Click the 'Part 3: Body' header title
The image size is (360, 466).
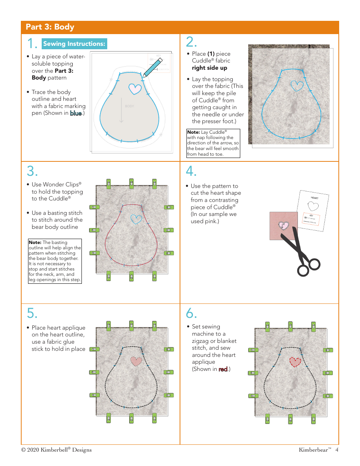(50, 27)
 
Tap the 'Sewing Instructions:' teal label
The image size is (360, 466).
(74, 44)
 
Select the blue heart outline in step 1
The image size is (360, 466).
(135, 89)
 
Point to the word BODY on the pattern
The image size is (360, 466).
(130, 106)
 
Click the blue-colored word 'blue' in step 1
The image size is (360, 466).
(76, 113)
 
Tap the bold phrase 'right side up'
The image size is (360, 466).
(210, 68)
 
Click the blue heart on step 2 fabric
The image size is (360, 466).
(297, 86)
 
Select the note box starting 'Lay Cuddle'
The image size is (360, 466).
(213, 143)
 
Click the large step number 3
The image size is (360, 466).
(32, 172)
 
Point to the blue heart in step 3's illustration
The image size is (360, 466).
(136, 219)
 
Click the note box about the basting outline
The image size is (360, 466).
(55, 261)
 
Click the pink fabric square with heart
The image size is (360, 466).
(283, 226)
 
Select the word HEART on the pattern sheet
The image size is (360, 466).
(315, 198)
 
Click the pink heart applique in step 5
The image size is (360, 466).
(136, 361)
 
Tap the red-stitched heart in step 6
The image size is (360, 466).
(295, 362)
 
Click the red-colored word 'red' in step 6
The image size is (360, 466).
(223, 369)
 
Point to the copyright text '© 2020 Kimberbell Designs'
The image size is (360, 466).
(56, 450)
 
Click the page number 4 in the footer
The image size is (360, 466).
(337, 450)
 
